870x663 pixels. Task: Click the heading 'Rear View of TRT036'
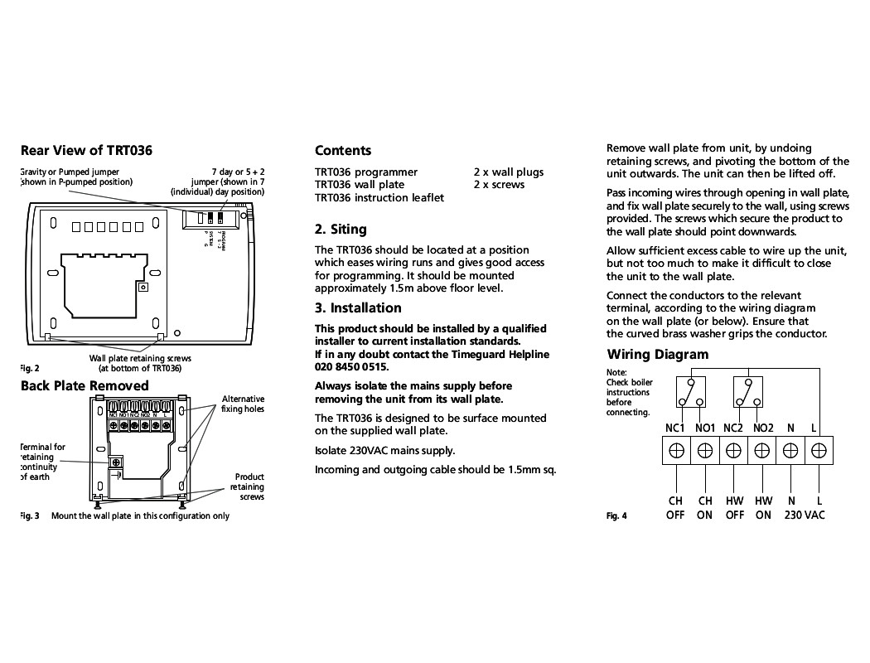(86, 150)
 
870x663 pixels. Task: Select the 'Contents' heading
(343, 150)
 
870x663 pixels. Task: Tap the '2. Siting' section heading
(340, 229)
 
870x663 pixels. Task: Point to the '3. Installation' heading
(358, 307)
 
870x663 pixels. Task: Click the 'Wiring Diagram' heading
(657, 354)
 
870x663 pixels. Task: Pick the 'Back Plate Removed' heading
(85, 385)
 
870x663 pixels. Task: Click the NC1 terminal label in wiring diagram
(675, 428)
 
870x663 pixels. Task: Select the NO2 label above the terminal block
(762, 428)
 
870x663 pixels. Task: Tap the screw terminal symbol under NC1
(676, 450)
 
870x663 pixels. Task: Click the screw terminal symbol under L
(819, 450)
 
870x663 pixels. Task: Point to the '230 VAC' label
(805, 515)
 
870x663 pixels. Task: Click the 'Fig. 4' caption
(616, 515)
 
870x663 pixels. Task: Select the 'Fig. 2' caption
(29, 368)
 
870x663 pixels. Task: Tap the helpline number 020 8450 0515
(351, 366)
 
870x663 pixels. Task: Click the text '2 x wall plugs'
(509, 172)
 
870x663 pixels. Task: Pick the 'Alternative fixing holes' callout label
(243, 404)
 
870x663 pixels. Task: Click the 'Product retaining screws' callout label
(248, 486)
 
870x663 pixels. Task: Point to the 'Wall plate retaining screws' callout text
(140, 363)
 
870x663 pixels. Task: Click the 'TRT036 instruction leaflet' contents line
(379, 197)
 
